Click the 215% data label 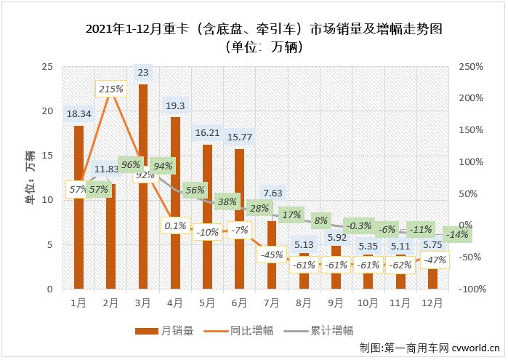[x=110, y=89]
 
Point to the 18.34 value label [x=78, y=113]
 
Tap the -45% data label [x=272, y=255]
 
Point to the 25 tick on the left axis [x=47, y=67]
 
